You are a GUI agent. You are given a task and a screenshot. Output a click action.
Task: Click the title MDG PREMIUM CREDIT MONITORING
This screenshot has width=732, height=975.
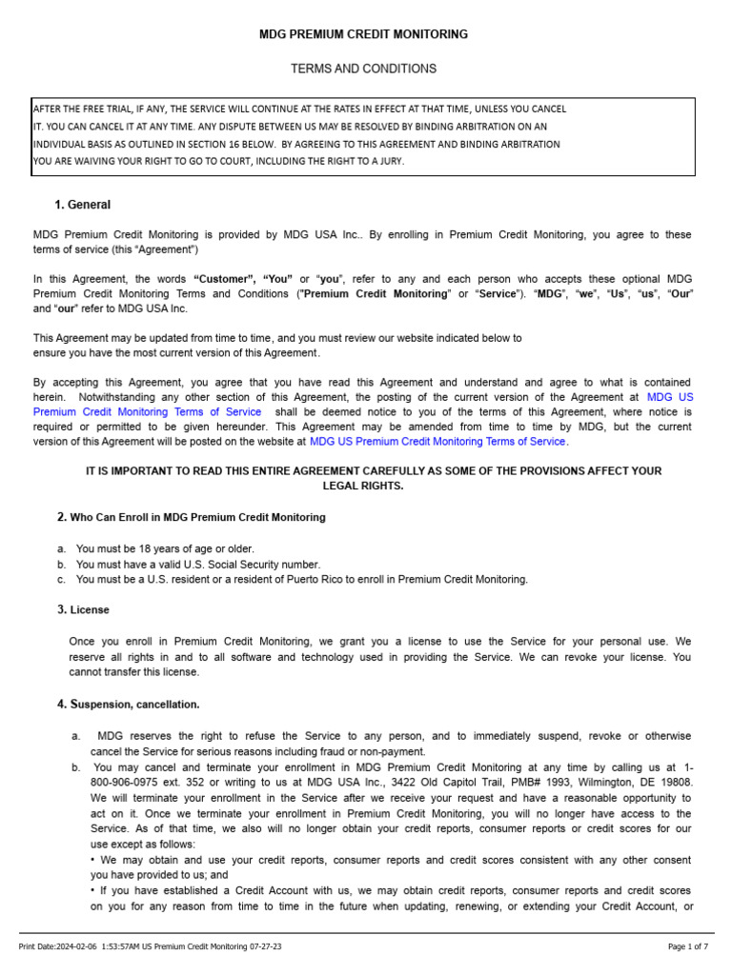(x=364, y=34)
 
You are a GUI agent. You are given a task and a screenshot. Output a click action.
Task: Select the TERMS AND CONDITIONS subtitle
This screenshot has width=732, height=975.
(x=363, y=69)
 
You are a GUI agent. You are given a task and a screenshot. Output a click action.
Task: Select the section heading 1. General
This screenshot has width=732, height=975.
(x=83, y=205)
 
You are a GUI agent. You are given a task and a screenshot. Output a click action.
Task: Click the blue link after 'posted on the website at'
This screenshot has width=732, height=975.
(x=437, y=442)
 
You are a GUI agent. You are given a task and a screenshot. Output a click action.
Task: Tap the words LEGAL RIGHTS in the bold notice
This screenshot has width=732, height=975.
(x=364, y=486)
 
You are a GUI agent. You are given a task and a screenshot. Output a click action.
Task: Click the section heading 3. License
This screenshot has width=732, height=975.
(x=83, y=609)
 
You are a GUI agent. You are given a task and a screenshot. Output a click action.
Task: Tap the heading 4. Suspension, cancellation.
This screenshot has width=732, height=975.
(x=129, y=705)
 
